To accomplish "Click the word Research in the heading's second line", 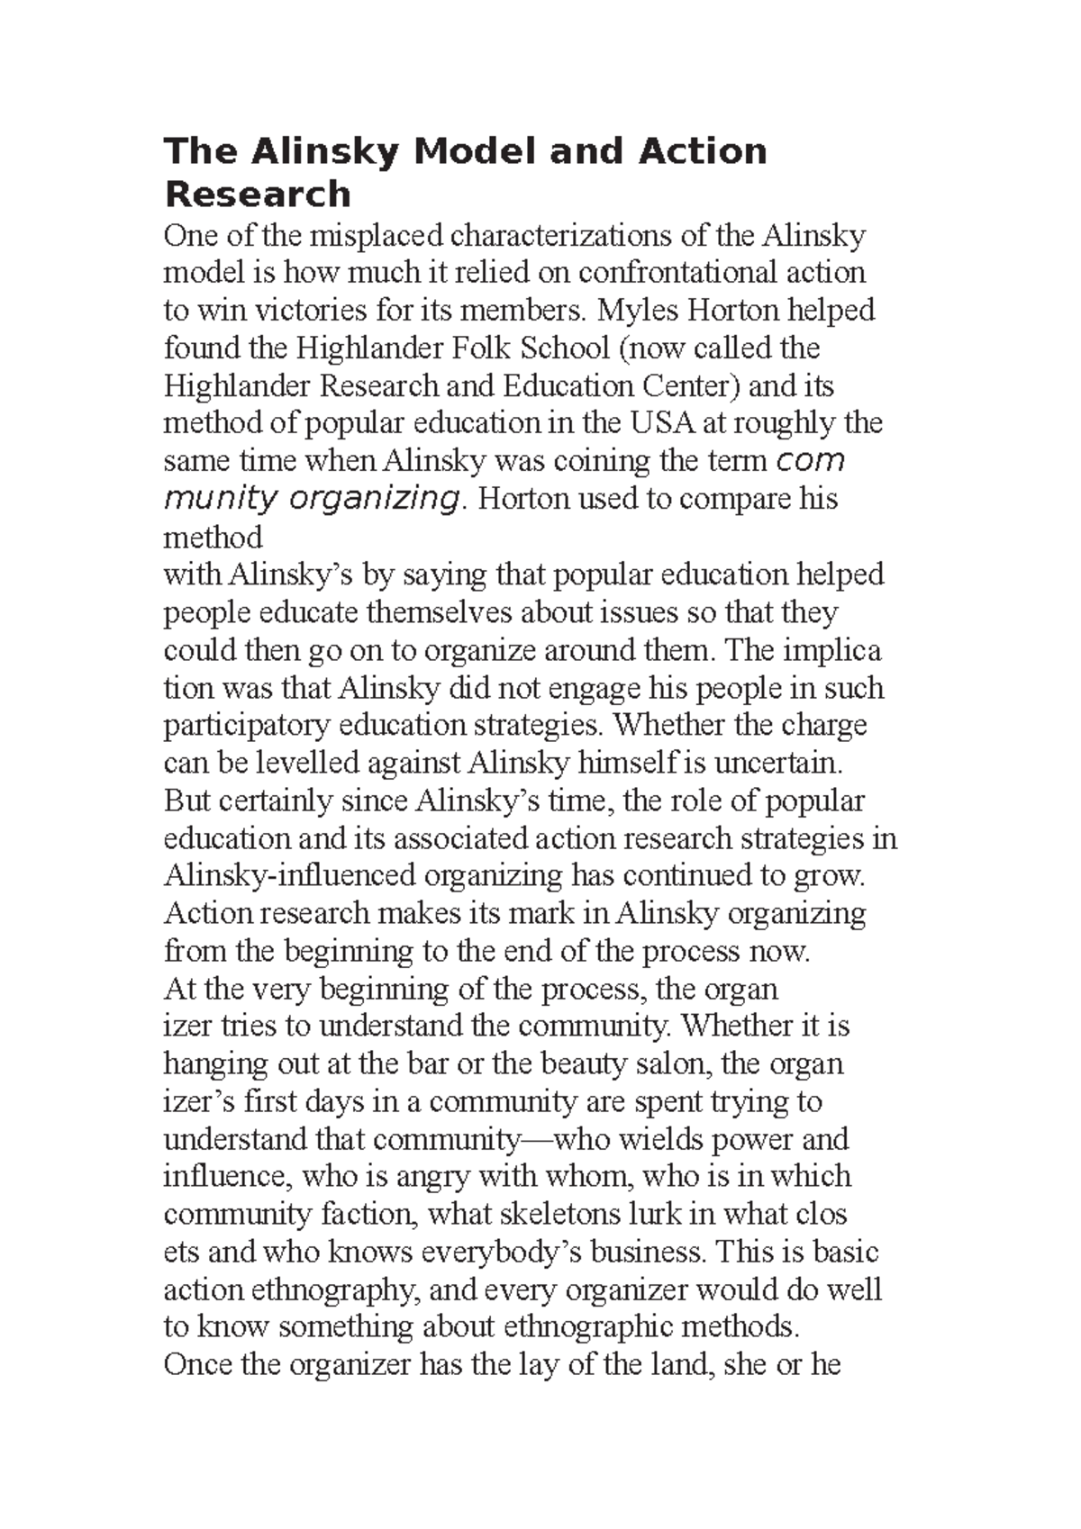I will (257, 195).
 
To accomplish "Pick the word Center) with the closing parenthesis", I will (691, 386).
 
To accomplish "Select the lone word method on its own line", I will (213, 538).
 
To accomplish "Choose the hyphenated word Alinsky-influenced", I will (289, 875).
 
